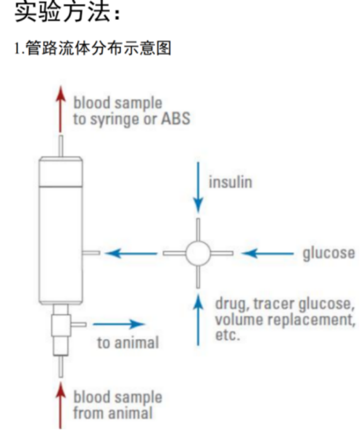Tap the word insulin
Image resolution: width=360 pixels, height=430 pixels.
(230, 182)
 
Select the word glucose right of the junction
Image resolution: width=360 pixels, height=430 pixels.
(328, 253)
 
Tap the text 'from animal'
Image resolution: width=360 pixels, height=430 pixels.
(113, 412)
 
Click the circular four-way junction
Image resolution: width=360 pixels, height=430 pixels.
(198, 252)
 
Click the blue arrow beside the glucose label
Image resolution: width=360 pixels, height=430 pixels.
(267, 253)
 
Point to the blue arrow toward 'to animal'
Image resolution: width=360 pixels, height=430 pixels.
(119, 325)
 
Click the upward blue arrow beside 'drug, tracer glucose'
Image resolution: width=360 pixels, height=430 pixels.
(198, 320)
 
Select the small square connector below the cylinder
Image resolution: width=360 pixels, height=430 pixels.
(61, 325)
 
